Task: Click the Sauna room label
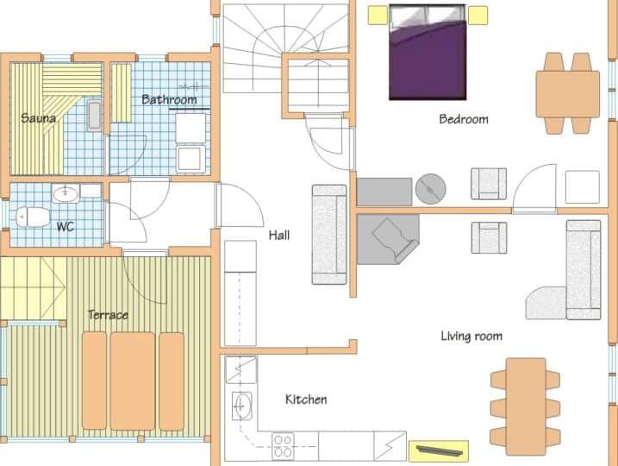[x=38, y=117]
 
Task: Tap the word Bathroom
[x=169, y=99]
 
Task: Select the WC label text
[x=66, y=226]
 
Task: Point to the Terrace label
[x=108, y=314]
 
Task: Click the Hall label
[x=279, y=236]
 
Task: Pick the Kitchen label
[x=306, y=399]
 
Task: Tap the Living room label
[x=471, y=336]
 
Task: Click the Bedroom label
[x=464, y=119]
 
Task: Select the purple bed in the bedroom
[x=428, y=52]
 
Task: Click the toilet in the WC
[x=33, y=217]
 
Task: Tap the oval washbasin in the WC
[x=66, y=194]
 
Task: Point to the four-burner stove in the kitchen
[x=283, y=446]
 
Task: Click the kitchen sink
[x=241, y=406]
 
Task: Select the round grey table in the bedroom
[x=430, y=189]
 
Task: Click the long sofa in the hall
[x=329, y=235]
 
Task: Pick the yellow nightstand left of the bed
[x=378, y=15]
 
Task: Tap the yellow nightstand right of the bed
[x=478, y=15]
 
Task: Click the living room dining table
[x=526, y=406]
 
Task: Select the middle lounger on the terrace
[x=133, y=381]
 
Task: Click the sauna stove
[x=94, y=116]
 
